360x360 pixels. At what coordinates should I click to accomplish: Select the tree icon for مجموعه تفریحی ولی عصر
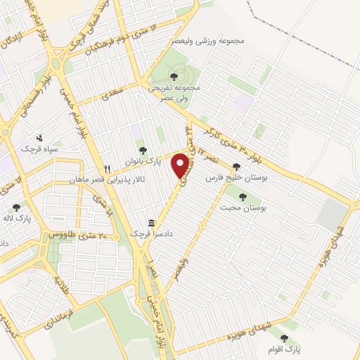pos(173,76)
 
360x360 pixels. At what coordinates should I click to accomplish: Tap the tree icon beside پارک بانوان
pos(143,150)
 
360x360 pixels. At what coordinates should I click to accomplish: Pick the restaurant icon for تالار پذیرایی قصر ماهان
pos(108,169)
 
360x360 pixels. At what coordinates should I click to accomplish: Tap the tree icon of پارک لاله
pos(16,207)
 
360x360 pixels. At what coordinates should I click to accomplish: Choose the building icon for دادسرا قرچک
pos(150,221)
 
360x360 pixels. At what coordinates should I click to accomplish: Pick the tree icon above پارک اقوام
pos(284,338)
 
